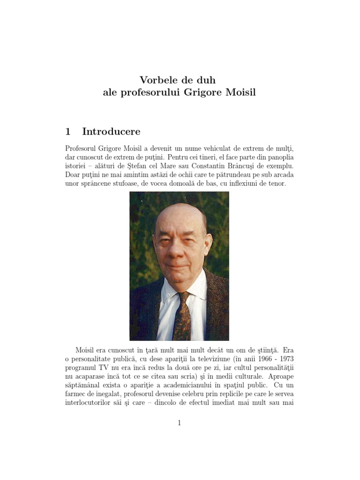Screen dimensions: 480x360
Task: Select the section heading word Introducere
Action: tap(111, 131)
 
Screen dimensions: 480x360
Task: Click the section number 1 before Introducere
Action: tap(68, 131)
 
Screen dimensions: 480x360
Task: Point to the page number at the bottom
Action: tap(180, 423)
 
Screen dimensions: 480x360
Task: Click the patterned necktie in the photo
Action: tap(182, 314)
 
